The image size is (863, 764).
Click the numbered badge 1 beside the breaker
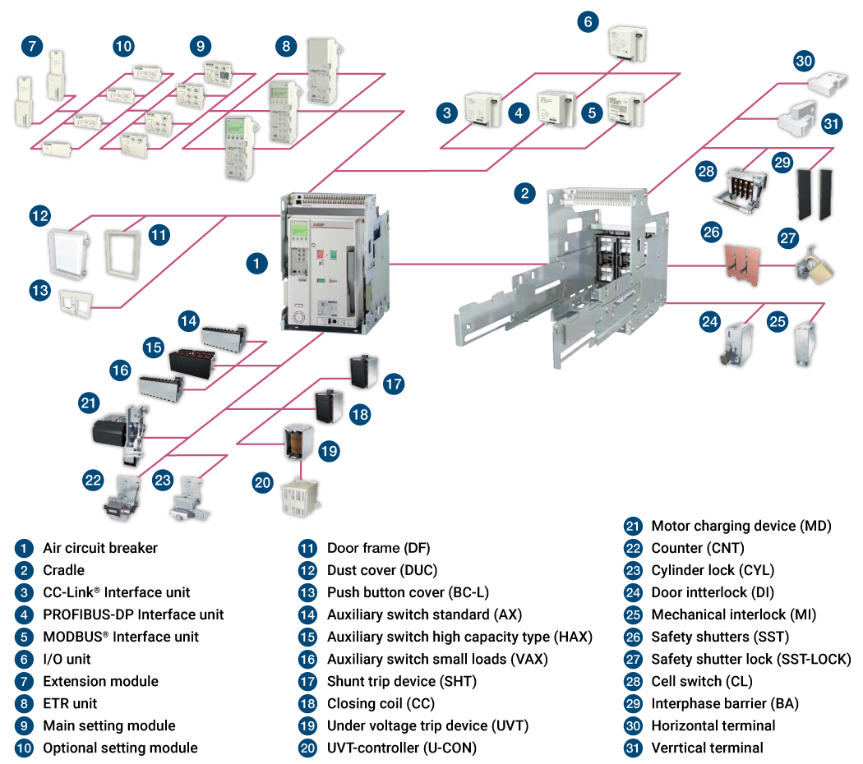[257, 263]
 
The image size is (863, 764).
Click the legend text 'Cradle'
[63, 570]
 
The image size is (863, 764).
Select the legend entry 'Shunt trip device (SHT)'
[401, 681]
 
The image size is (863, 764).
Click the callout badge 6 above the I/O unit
[588, 21]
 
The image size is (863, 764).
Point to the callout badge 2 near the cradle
[525, 194]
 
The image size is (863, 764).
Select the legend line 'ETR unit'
[70, 703]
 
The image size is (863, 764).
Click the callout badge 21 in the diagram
[89, 403]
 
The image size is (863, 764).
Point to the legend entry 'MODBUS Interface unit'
[120, 637]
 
